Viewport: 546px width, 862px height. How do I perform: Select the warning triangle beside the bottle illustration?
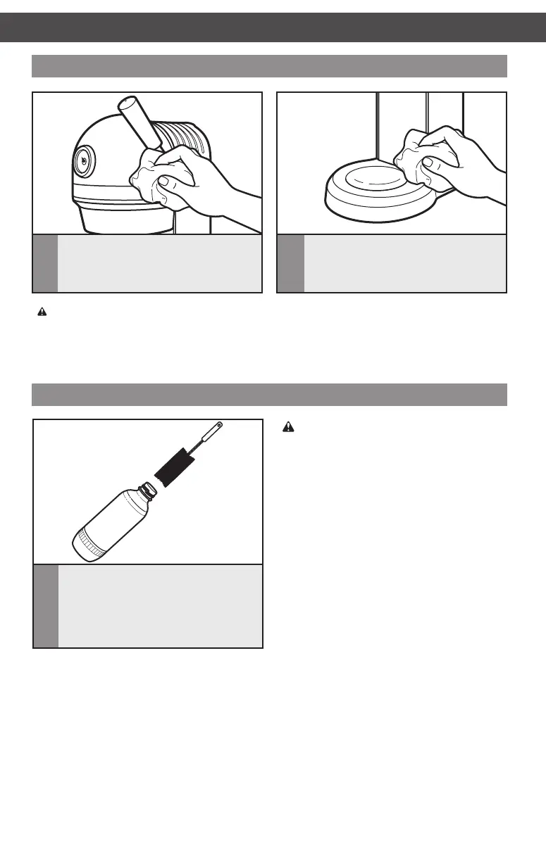[287, 426]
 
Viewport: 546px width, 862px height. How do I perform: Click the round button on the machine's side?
[83, 160]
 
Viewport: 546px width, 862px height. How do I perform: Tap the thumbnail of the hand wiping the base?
[428, 163]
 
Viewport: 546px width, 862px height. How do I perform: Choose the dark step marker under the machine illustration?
[45, 263]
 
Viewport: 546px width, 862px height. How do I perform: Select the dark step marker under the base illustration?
[291, 263]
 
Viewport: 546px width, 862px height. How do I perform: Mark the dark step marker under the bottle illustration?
[46, 606]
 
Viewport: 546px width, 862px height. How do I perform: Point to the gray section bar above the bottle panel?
[270, 394]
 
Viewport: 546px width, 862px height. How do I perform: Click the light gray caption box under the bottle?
[160, 606]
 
